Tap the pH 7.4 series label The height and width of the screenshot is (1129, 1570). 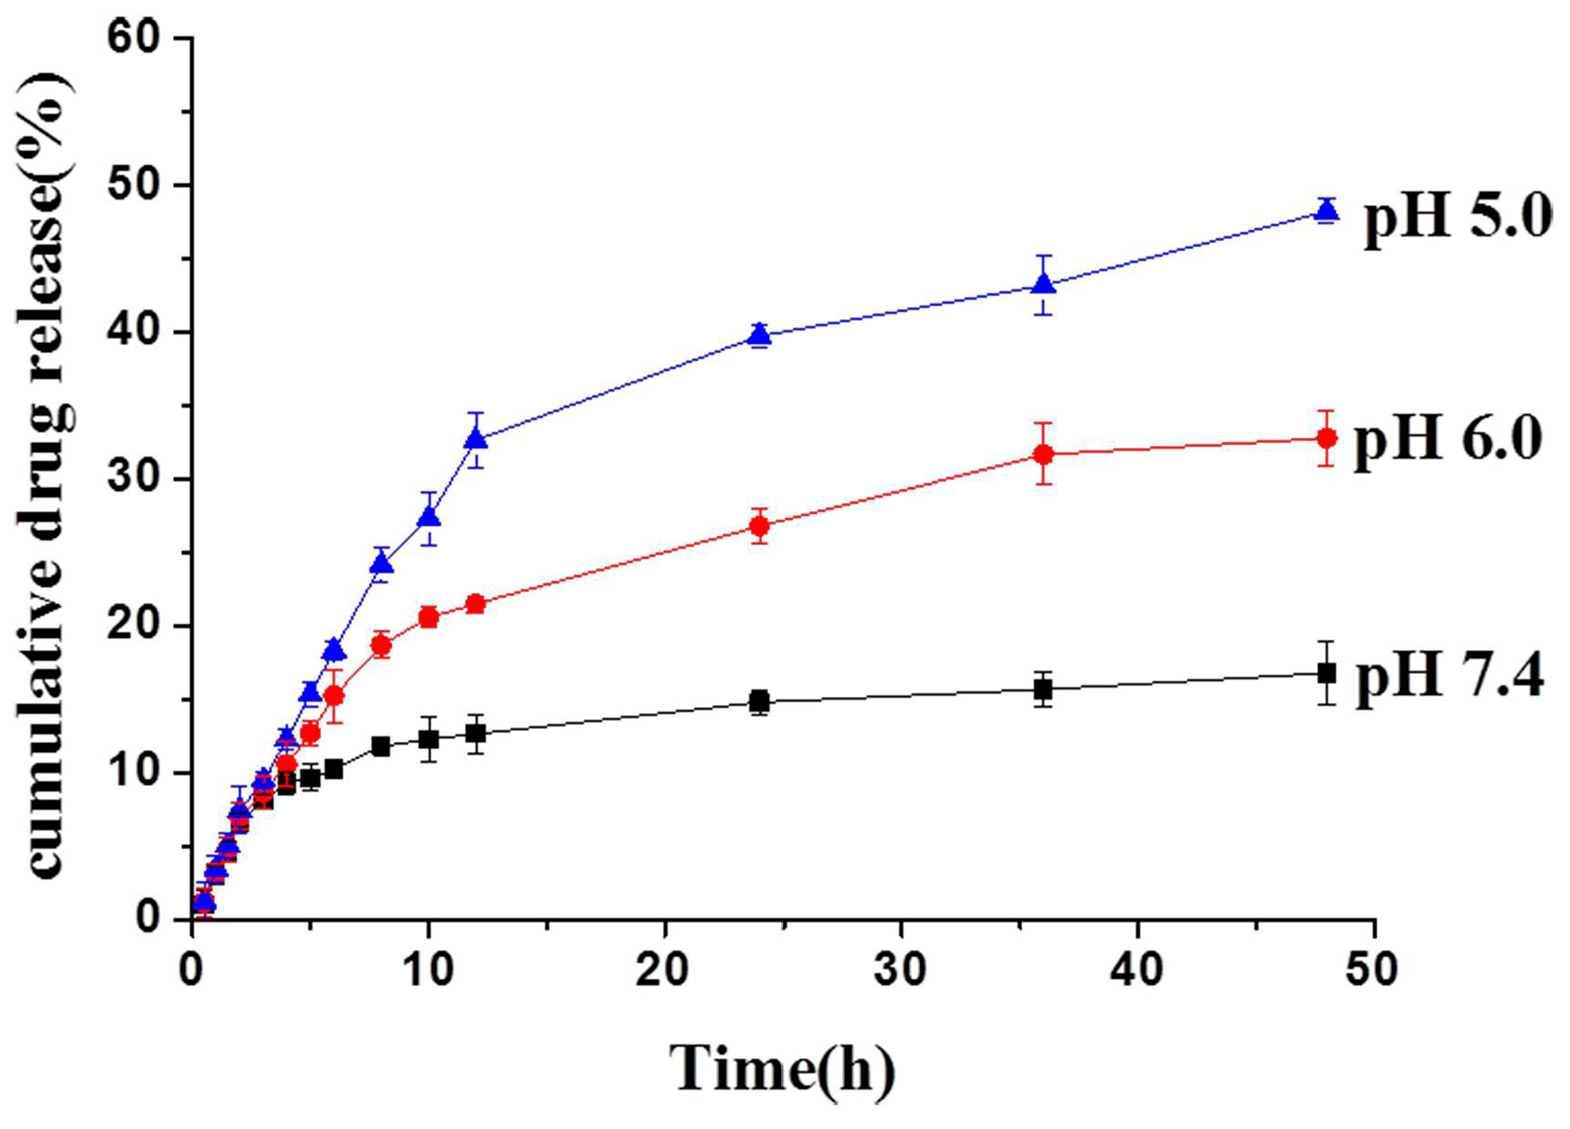1450,678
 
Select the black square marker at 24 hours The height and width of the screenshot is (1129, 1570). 759,702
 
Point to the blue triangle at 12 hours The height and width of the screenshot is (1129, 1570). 475,439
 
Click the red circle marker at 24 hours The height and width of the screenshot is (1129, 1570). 759,527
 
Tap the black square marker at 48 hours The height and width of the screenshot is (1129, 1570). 1326,673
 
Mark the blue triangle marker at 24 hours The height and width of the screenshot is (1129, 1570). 759,335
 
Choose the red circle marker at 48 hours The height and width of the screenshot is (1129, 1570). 1326,439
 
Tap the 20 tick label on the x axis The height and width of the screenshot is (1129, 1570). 665,970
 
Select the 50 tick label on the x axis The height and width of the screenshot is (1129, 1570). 1372,970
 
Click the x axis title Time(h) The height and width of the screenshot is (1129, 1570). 782,1069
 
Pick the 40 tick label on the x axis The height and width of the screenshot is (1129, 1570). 1137,970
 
